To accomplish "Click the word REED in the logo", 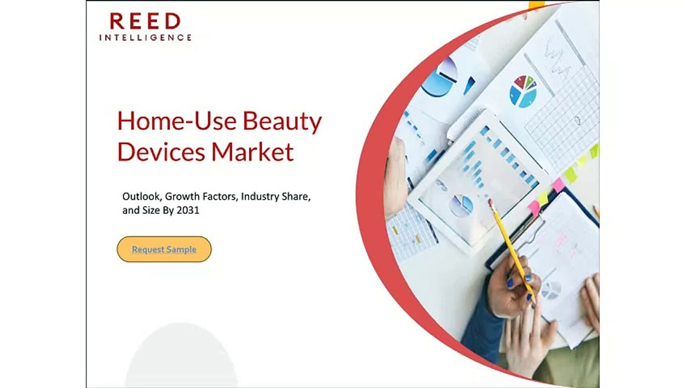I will pos(145,22).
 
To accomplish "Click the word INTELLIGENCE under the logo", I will pos(145,38).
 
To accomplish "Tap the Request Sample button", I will pos(164,250).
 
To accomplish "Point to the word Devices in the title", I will pos(160,151).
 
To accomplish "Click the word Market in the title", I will pos(252,151).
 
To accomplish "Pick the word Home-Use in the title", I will pos(176,121).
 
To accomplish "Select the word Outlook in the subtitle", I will pos(141,197).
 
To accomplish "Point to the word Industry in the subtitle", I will pos(260,197).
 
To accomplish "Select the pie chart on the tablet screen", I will pos(462,205).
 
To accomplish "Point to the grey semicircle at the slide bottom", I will pos(181,358).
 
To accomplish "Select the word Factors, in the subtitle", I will pos(219,197).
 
